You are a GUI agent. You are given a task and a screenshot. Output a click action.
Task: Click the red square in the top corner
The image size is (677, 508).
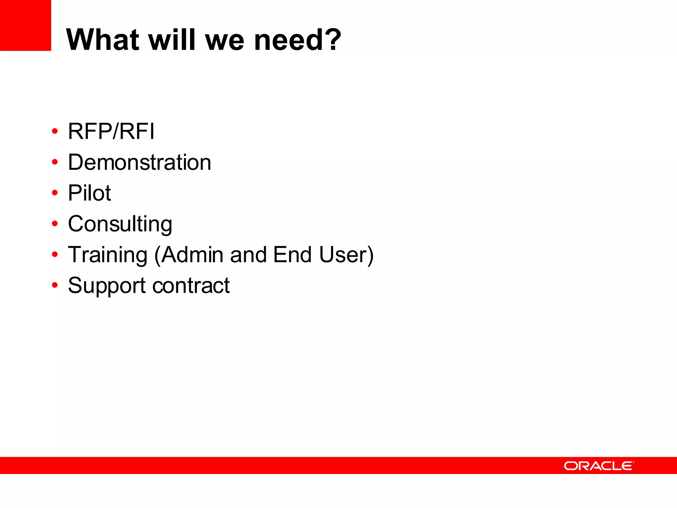(x=25, y=25)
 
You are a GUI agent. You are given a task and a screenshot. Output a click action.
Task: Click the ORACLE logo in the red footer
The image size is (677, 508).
(x=599, y=466)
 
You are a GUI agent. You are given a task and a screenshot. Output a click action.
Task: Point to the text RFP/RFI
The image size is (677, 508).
(x=111, y=131)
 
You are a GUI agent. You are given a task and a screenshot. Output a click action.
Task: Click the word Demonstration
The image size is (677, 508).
(x=139, y=162)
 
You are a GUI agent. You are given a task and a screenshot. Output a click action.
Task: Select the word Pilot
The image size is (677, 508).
(x=89, y=193)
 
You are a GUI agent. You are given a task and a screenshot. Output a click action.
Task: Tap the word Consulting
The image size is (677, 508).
(x=120, y=224)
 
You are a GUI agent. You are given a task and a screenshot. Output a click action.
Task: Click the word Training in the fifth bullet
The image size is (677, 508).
(x=107, y=255)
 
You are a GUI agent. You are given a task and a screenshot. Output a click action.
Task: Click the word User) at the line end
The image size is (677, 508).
(x=346, y=255)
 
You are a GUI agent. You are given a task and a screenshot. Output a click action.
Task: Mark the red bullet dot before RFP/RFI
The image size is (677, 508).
(x=55, y=131)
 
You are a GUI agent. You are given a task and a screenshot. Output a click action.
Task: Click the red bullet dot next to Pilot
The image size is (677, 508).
(x=55, y=193)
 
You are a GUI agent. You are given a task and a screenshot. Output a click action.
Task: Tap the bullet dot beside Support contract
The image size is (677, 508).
(x=55, y=285)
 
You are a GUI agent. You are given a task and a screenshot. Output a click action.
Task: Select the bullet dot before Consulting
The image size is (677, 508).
(x=55, y=224)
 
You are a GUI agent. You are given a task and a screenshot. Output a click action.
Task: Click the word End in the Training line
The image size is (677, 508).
(x=292, y=255)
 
